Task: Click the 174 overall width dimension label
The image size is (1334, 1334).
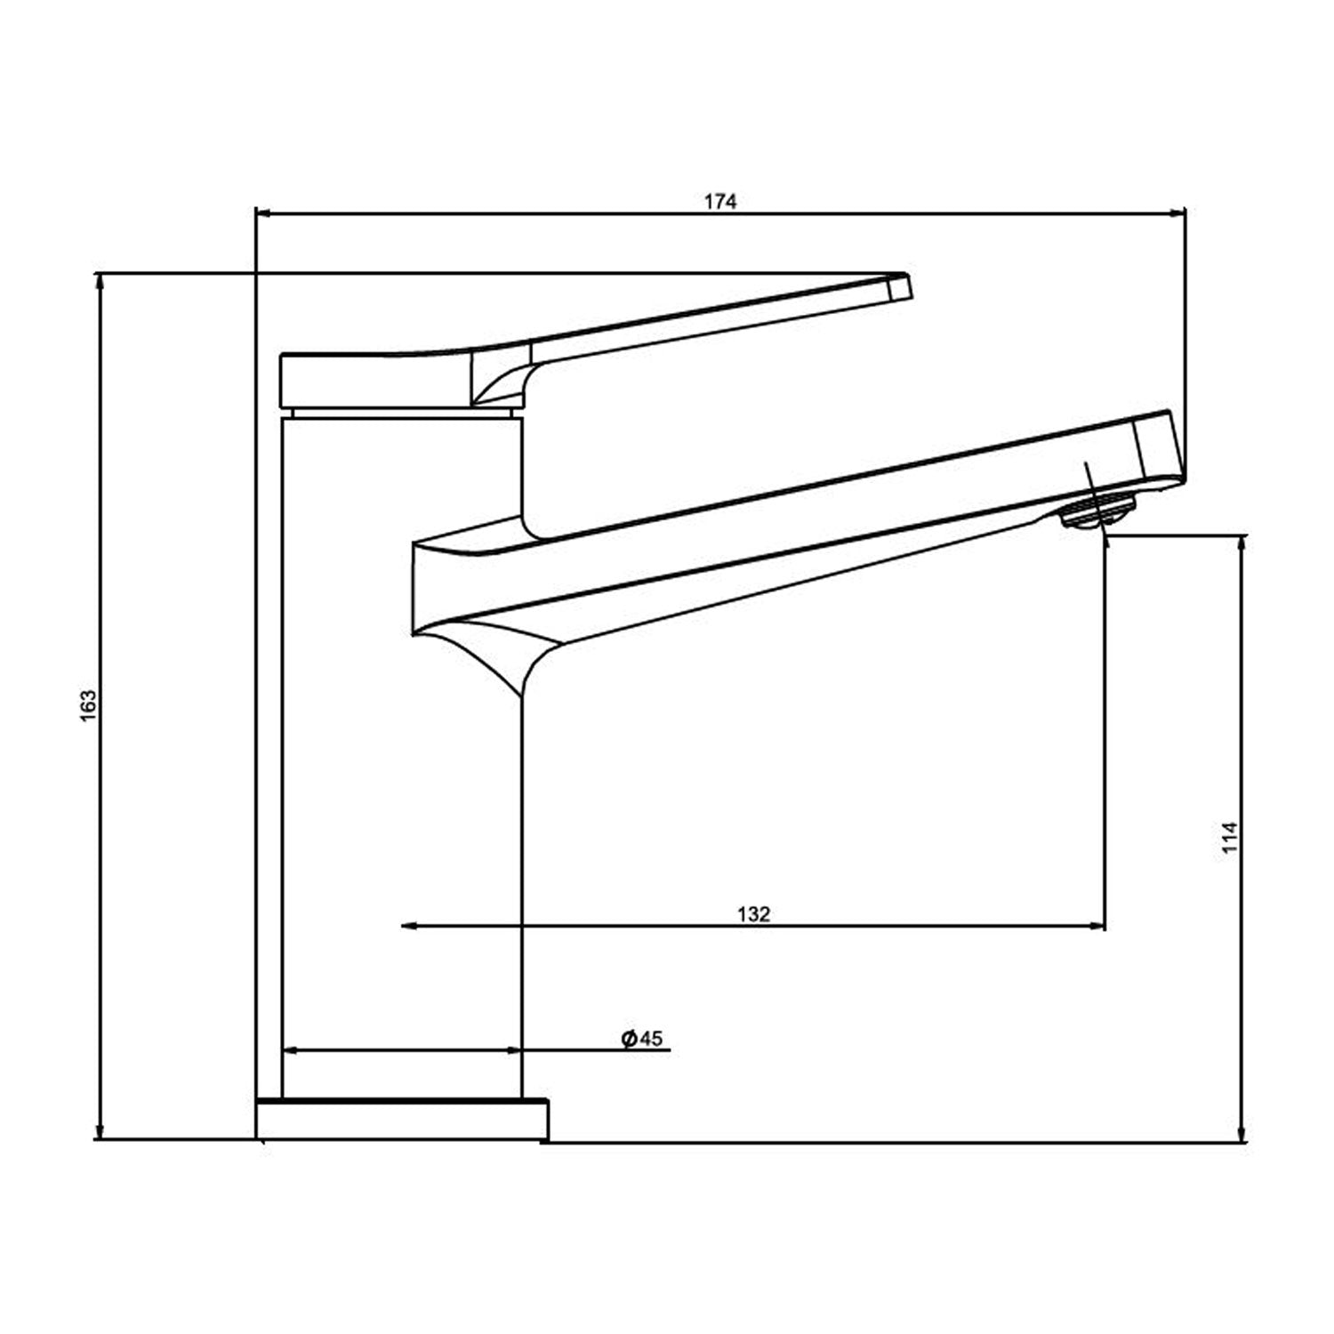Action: (x=720, y=202)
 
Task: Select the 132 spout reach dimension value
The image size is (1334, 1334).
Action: (x=753, y=914)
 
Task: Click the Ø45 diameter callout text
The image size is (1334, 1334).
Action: (x=643, y=1039)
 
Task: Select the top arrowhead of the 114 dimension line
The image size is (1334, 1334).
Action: (x=1242, y=542)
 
